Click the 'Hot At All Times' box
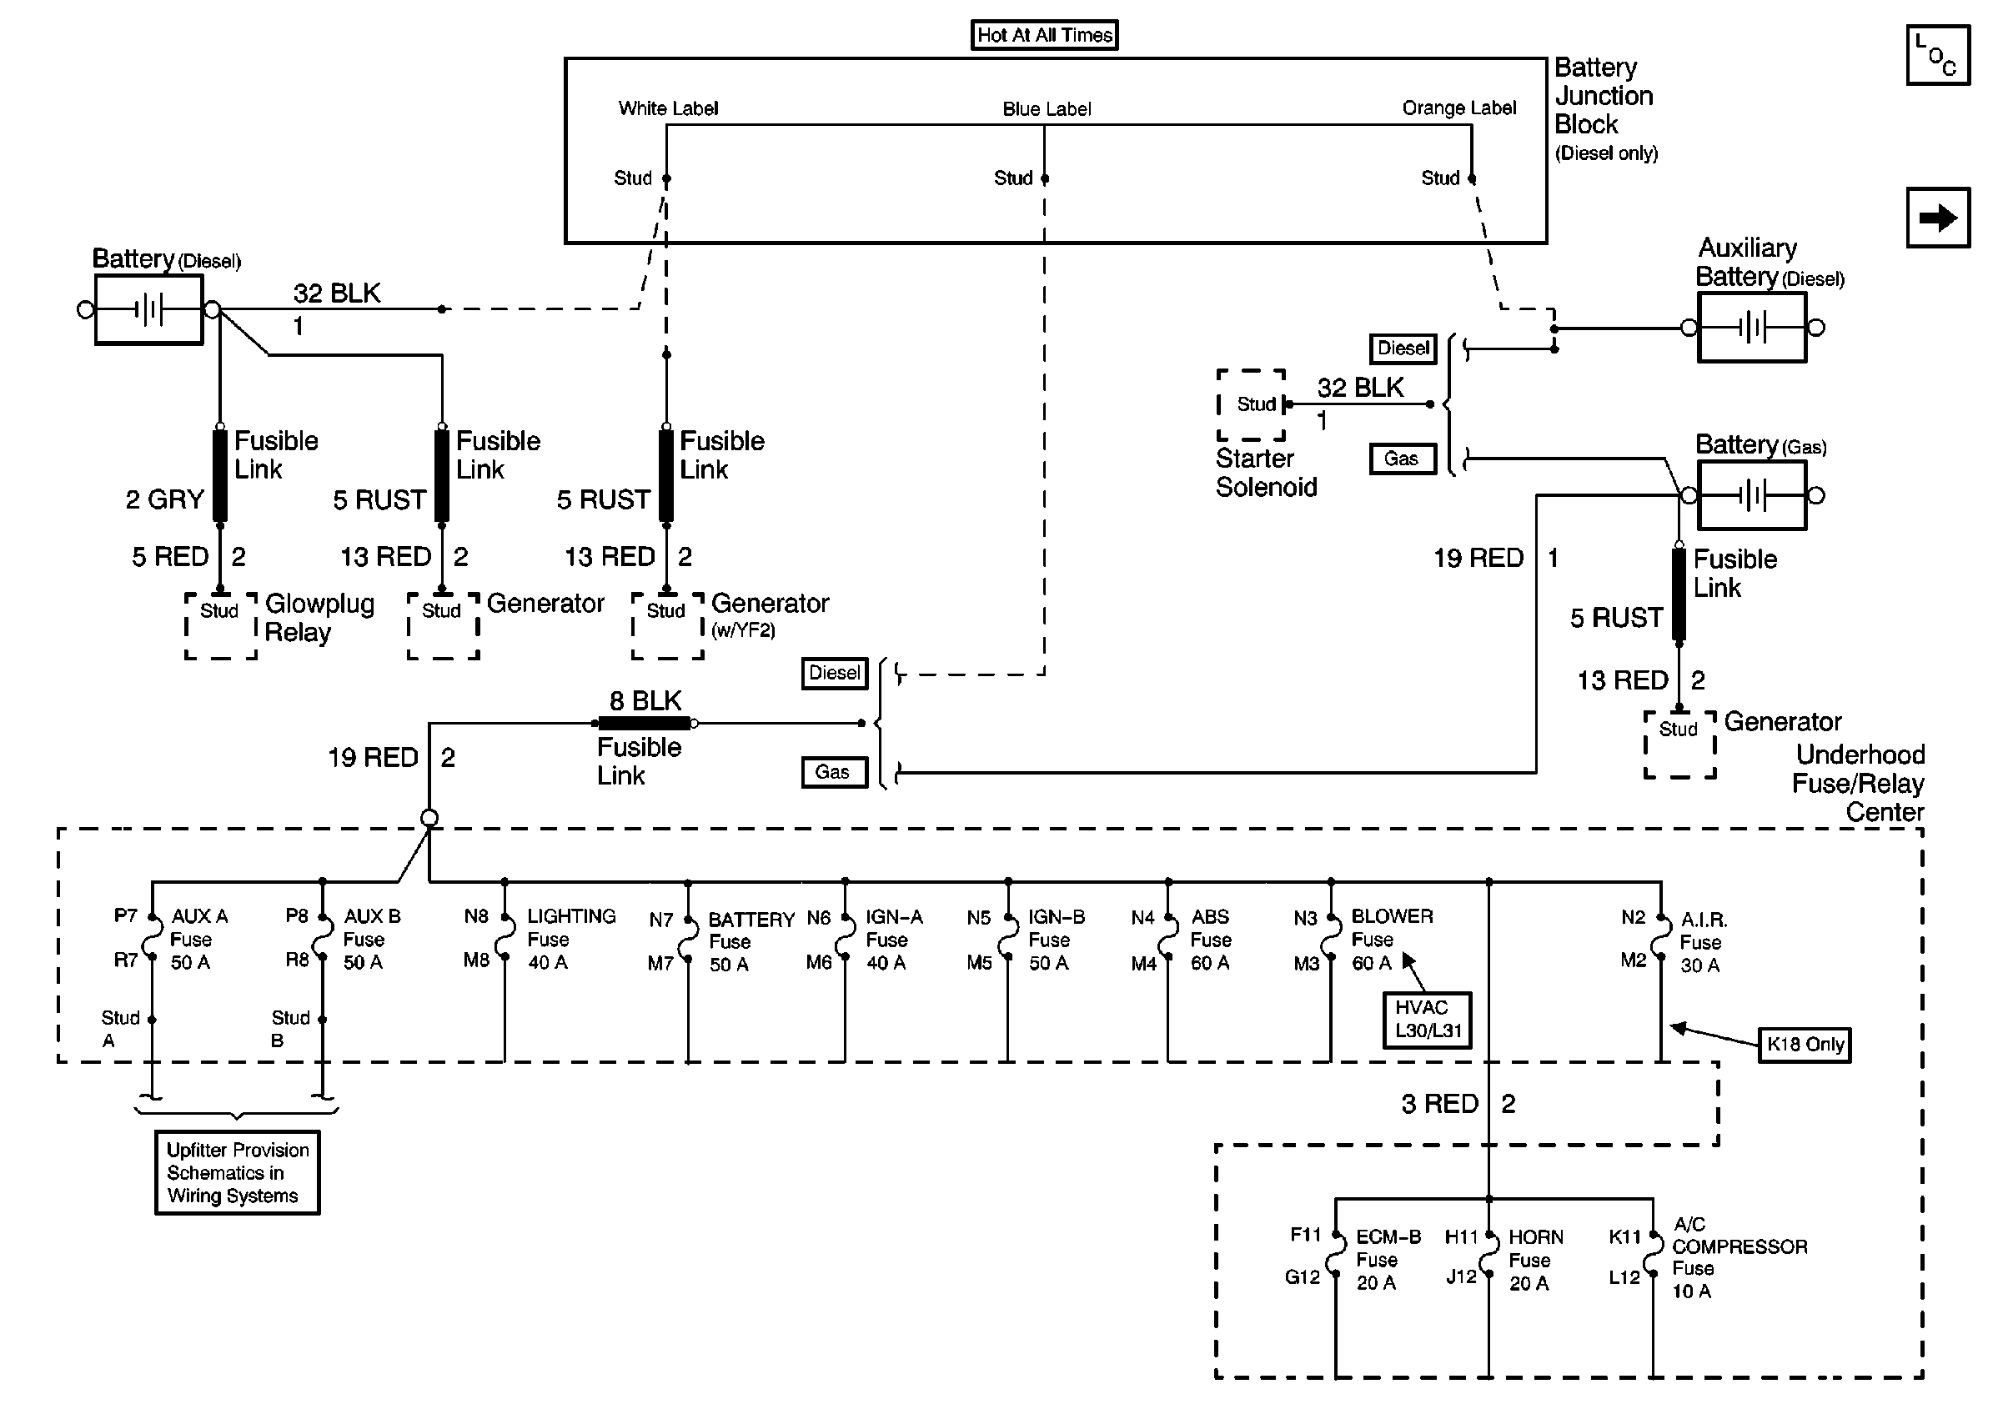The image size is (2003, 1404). coord(1044,35)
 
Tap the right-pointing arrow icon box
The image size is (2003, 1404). coord(1938,217)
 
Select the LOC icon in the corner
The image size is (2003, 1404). coord(1938,55)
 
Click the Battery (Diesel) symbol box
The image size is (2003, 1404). coord(149,309)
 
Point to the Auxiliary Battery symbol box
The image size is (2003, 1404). coord(1752,327)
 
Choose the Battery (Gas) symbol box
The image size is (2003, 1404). coord(1752,495)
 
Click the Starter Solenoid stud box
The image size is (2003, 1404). coord(1252,404)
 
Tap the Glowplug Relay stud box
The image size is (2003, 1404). coord(221,625)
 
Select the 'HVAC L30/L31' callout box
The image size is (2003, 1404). coord(1428,1020)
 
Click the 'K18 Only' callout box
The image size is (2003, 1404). coord(1804,1044)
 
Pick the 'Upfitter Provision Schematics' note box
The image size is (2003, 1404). coord(238,1172)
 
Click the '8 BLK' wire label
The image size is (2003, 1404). coord(645,700)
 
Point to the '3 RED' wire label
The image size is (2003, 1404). coord(1439,1104)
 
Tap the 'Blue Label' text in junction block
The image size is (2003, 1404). coord(1047,109)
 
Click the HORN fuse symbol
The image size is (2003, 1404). coord(1489,1256)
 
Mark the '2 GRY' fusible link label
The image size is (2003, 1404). coord(164,499)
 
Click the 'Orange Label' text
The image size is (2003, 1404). coord(1458,108)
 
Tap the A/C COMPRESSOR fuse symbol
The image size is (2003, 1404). coord(1653,1256)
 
